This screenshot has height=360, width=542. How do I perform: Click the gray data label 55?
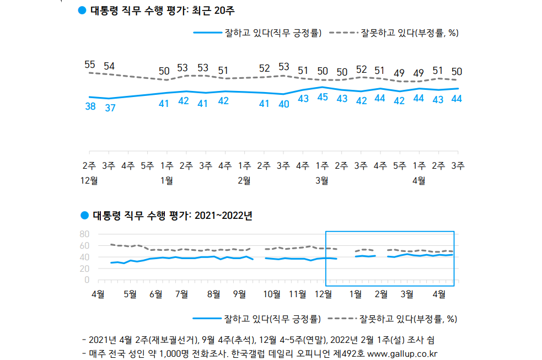(x=90, y=65)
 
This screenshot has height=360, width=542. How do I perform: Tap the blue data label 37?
(x=110, y=108)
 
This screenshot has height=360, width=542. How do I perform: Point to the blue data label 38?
(x=90, y=106)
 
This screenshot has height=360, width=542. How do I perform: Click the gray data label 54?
(x=109, y=66)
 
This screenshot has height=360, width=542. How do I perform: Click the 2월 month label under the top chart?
(x=244, y=180)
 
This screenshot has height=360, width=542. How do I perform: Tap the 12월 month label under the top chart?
(x=90, y=180)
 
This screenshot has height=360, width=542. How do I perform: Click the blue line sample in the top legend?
(x=207, y=33)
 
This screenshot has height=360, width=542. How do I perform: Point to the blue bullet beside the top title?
(x=82, y=10)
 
